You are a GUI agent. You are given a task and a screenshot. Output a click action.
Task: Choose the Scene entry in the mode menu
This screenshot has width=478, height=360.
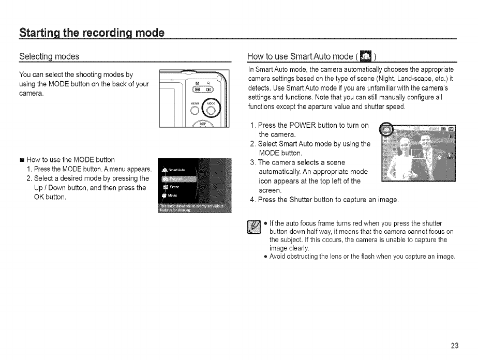pyautogui.click(x=173, y=187)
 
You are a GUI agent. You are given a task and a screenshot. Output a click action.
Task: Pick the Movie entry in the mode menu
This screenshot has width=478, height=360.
pyautogui.click(x=172, y=196)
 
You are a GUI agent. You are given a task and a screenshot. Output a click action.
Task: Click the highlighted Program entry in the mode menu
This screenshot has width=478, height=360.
pyautogui.click(x=174, y=178)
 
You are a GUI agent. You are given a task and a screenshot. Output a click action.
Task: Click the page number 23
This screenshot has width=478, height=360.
pyautogui.click(x=454, y=346)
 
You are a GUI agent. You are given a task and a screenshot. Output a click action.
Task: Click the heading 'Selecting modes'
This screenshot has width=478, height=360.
pyautogui.click(x=49, y=56)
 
